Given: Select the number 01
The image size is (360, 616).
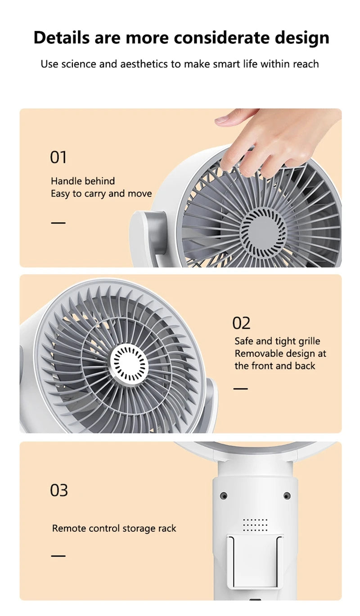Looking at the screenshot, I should [x=58, y=157].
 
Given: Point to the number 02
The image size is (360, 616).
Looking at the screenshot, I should [x=241, y=323].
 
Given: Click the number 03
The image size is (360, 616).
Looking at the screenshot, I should [x=58, y=490].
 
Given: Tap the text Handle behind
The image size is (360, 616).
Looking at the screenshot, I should [x=83, y=181].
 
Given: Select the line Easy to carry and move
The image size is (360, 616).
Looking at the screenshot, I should [x=101, y=194].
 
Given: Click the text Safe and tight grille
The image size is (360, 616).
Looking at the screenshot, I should [x=277, y=342].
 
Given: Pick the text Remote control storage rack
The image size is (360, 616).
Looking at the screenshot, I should [x=114, y=528].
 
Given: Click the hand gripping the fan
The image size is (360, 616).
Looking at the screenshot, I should [x=270, y=139].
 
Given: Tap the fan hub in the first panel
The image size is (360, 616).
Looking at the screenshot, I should [x=264, y=228].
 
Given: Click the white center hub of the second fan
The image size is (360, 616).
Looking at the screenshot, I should [x=130, y=364].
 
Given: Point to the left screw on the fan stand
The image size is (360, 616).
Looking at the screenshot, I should [x=224, y=496].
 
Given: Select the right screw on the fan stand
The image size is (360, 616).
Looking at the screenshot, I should [x=287, y=496].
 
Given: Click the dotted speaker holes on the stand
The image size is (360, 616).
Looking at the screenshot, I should [x=255, y=525].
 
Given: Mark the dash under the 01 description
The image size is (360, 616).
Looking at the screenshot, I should [x=58, y=223].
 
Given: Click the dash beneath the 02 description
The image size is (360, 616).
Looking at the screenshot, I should [x=240, y=388].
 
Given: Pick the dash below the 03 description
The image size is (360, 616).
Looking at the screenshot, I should [x=58, y=556].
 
